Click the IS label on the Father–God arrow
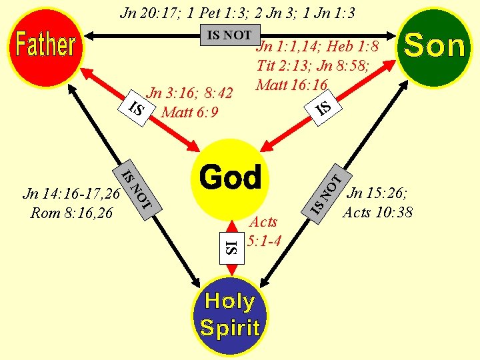point(136,109)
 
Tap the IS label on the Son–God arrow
point(323,106)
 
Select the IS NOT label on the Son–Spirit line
point(327,193)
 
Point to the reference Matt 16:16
point(291,85)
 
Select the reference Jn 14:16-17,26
point(71,194)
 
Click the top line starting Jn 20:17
point(237,12)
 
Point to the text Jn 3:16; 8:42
point(189,93)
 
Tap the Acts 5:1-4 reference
point(262,231)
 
